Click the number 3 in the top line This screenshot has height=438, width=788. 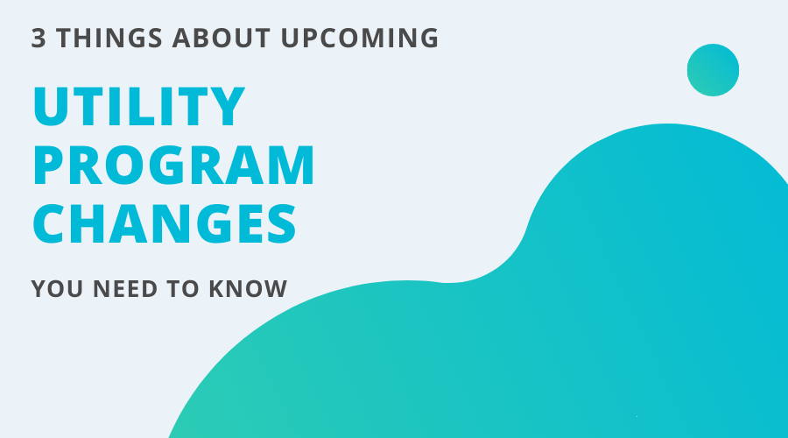(38, 39)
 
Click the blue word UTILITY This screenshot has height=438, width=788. (138, 107)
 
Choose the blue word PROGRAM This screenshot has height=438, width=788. (173, 165)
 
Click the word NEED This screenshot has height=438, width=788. (124, 288)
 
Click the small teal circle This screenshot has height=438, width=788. (713, 69)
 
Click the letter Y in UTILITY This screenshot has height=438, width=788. (226, 107)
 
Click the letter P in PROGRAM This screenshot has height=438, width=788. (52, 165)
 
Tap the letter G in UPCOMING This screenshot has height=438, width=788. (426, 39)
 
